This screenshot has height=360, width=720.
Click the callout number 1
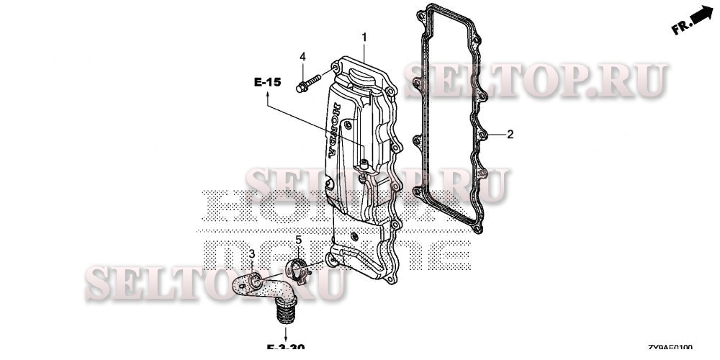(x=364, y=37)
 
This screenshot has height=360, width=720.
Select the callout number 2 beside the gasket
(x=510, y=134)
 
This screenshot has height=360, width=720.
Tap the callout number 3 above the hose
(x=252, y=254)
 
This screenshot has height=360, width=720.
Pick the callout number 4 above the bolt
(x=303, y=57)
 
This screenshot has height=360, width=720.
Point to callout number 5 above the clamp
(x=298, y=240)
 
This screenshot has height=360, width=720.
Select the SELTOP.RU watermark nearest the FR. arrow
(x=536, y=81)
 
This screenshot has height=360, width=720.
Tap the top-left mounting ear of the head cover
(x=336, y=68)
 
